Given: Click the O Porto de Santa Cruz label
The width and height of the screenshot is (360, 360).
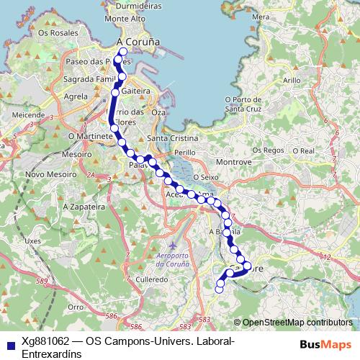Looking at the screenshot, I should pyautogui.click(x=246, y=104).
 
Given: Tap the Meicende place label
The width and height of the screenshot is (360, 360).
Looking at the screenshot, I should pyautogui.click(x=28, y=114).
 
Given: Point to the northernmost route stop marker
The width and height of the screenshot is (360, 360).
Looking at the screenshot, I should pyautogui.click(x=123, y=52).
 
